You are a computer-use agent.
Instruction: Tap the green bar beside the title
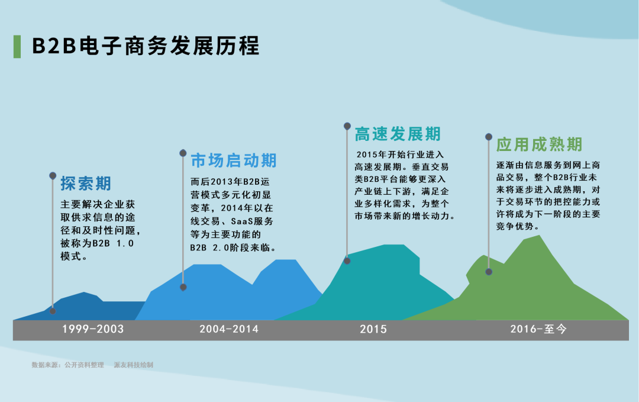click(x=17, y=46)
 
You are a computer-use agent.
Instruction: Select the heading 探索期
click(x=86, y=184)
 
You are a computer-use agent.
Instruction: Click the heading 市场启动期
click(x=234, y=160)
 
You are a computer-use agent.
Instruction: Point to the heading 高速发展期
click(x=398, y=134)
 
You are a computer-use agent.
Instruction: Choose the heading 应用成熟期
click(x=539, y=144)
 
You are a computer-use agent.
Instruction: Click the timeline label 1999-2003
click(x=93, y=329)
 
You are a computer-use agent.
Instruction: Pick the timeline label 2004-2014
click(x=229, y=329)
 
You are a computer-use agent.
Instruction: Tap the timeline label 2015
click(x=373, y=329)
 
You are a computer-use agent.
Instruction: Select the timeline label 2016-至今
click(x=538, y=329)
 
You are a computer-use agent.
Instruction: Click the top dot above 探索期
click(x=53, y=175)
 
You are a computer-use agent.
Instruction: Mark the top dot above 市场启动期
click(x=183, y=153)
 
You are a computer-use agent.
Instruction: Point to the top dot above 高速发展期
click(x=347, y=126)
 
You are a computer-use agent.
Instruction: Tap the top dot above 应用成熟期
click(x=489, y=136)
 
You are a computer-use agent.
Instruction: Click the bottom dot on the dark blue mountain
click(x=53, y=311)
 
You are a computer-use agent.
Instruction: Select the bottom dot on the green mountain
click(x=489, y=272)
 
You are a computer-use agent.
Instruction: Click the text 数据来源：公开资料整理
click(x=68, y=365)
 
